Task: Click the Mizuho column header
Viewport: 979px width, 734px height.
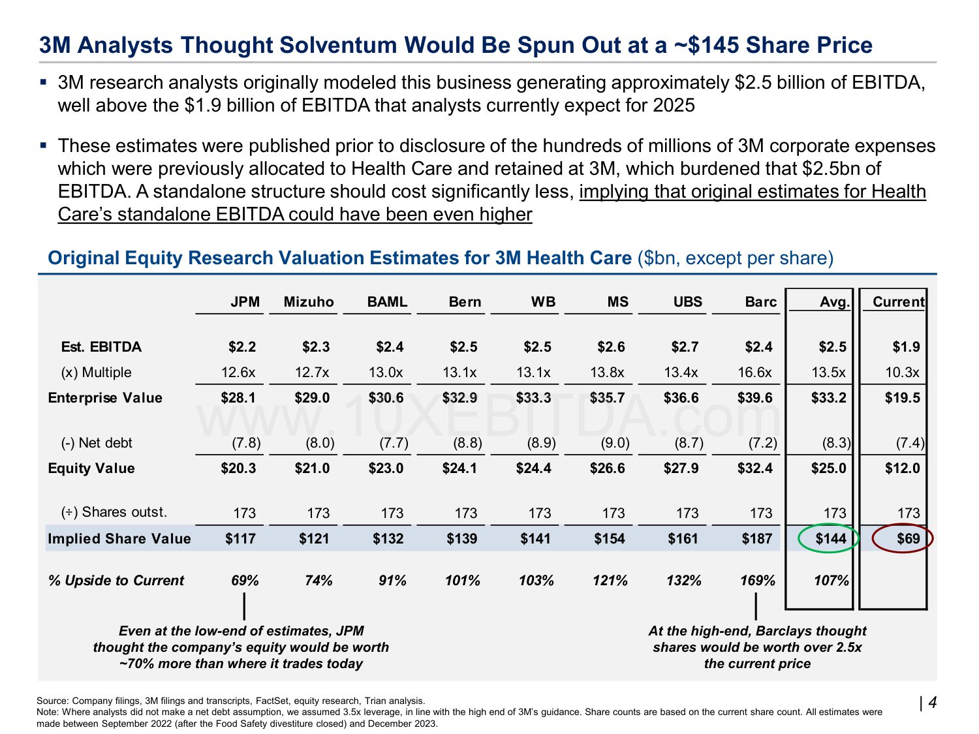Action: click(x=308, y=302)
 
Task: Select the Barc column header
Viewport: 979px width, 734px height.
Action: click(x=760, y=302)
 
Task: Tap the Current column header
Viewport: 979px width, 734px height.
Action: click(x=898, y=302)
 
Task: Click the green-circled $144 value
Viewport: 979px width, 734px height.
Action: click(x=830, y=539)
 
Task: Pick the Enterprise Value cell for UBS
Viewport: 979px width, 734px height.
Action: click(x=681, y=398)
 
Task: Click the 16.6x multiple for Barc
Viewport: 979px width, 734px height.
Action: click(x=754, y=373)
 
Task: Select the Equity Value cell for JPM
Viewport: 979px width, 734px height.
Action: click(x=238, y=468)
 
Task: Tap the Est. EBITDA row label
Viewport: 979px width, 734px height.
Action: click(x=101, y=347)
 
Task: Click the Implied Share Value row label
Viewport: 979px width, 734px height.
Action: click(x=119, y=539)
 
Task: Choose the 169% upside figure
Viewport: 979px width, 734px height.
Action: click(x=758, y=581)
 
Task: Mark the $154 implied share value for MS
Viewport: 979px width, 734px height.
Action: click(x=609, y=539)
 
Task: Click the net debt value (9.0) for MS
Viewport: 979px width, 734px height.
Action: click(x=615, y=443)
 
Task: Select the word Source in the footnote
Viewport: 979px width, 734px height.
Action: click(x=52, y=701)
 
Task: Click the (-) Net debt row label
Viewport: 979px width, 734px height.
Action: click(x=97, y=443)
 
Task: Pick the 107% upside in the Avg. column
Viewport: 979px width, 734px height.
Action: click(x=831, y=581)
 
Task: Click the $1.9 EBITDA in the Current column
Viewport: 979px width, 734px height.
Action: click(x=906, y=347)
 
